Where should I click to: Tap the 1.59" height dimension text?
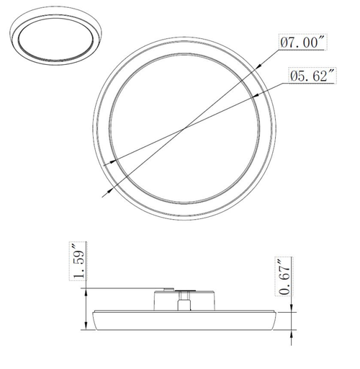pos(81,264)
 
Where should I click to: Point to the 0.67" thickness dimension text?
pos(284,275)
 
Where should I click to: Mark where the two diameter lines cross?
pos(186,128)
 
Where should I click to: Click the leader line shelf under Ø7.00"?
pos(302,50)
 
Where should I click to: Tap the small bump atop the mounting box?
pos(168,288)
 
